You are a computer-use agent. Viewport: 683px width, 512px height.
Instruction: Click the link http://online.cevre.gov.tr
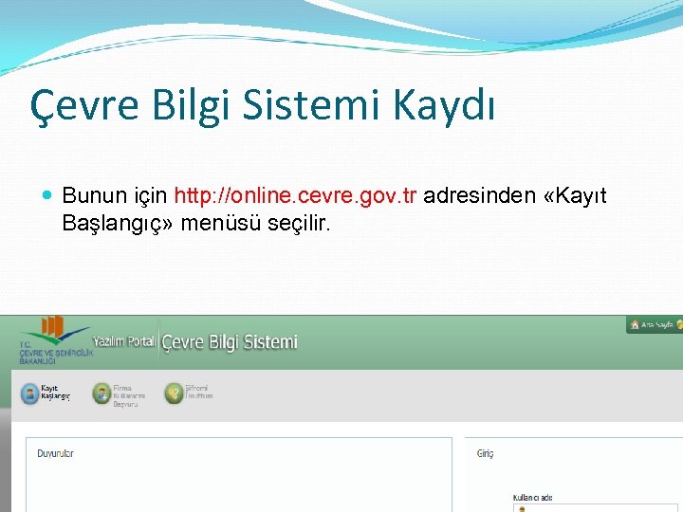(295, 195)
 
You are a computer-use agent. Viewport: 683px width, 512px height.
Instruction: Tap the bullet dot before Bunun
(48, 196)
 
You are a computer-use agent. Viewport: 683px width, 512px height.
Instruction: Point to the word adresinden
(482, 195)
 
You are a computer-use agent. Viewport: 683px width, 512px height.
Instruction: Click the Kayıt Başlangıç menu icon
(29, 393)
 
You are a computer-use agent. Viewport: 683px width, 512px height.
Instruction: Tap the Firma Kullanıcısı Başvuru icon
(102, 393)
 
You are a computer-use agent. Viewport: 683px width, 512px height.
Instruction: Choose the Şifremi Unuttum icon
(174, 393)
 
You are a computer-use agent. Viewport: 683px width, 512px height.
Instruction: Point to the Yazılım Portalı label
(124, 341)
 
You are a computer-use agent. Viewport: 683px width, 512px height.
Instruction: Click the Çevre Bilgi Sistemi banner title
(230, 342)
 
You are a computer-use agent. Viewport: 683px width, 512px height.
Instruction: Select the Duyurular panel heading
(55, 454)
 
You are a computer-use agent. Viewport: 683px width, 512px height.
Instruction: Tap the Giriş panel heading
(485, 454)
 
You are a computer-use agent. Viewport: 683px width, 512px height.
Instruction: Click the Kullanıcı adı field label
(532, 498)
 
